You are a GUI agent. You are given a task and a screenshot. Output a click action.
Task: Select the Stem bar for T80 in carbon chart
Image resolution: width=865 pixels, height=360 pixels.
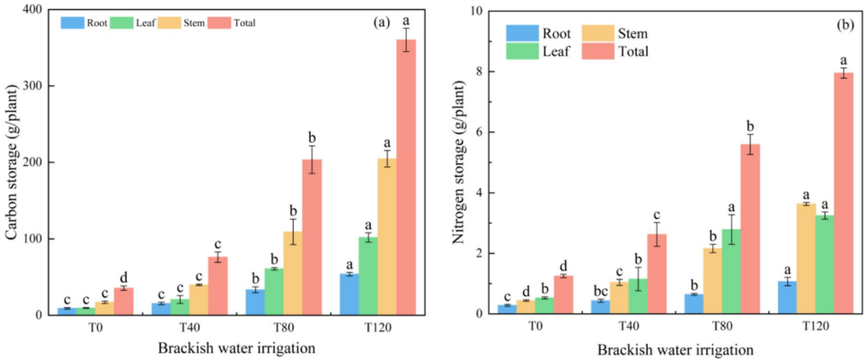[x=291, y=274]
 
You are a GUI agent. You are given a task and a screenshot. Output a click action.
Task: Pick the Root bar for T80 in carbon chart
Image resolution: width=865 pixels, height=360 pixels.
[x=254, y=302]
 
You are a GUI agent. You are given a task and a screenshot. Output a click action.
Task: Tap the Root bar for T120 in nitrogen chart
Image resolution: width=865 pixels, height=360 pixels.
[x=787, y=298]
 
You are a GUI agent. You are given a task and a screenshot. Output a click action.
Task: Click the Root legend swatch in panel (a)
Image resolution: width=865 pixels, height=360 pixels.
[x=73, y=22]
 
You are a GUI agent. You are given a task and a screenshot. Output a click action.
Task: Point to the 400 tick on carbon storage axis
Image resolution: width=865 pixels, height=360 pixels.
[x=34, y=10]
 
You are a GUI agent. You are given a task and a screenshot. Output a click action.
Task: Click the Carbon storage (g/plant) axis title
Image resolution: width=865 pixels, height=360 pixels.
[x=13, y=162]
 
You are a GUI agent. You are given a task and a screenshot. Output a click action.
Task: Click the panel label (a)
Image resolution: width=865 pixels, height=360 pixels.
[x=381, y=22]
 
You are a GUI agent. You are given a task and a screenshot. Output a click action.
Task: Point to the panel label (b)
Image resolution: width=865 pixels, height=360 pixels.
[x=844, y=24]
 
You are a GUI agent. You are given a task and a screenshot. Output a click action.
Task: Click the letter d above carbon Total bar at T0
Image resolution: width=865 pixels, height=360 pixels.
[x=123, y=277]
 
